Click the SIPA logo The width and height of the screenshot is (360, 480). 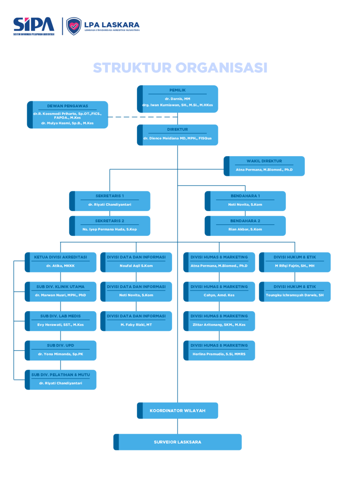tap(33, 26)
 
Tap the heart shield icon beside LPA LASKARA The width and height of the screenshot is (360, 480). tap(74, 26)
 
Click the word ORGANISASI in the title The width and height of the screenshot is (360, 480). tap(222, 68)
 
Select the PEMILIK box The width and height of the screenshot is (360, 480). tap(178, 98)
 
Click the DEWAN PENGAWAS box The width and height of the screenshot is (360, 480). tap(67, 114)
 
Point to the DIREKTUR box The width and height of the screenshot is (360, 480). tap(178, 135)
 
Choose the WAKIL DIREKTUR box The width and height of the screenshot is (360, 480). tap(264, 166)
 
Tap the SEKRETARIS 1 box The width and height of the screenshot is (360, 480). tap(110, 201)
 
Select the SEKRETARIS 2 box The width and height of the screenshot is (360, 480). tap(110, 225)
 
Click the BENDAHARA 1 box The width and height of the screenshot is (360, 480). tap(245, 201)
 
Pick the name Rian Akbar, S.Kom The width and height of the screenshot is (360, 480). tap(245, 229)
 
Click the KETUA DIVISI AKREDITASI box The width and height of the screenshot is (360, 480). tap(60, 262)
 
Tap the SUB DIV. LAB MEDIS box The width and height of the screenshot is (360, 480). tap(60, 321)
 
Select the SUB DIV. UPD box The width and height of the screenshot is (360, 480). tap(60, 350)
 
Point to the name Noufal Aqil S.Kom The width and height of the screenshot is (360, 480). tap(136, 266)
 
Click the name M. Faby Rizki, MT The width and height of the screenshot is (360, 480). tap(136, 324)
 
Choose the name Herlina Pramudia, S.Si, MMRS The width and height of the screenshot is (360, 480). tap(219, 354)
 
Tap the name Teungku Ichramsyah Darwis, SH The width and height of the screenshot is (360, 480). tap(295, 295)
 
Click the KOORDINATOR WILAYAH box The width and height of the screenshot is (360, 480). tap(178, 411)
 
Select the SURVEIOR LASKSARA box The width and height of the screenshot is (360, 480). tap(178, 442)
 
